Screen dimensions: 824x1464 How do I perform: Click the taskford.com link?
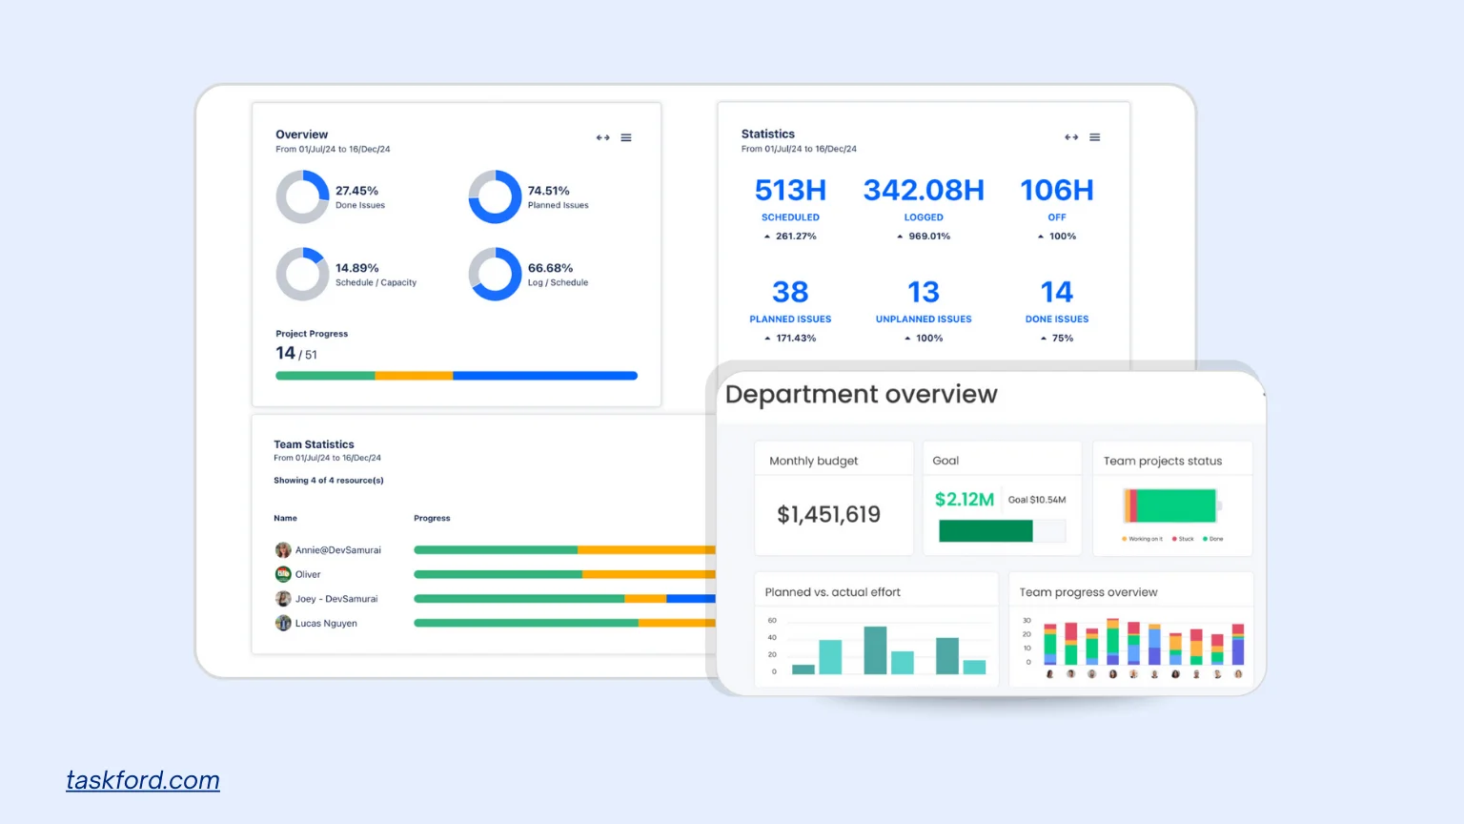tap(143, 780)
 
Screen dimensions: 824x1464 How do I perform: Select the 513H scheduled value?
tap(790, 191)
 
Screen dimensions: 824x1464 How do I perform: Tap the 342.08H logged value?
tap(924, 191)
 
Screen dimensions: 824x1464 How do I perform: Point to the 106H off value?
tap(1057, 191)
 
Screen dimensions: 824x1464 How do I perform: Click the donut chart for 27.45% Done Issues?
tap(302, 197)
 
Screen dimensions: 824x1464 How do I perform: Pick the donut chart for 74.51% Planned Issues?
tap(495, 197)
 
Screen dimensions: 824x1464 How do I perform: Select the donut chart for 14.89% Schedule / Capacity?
tap(302, 275)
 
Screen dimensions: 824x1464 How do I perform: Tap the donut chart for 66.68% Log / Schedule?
tap(495, 275)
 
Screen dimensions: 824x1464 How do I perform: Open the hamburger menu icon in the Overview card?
tap(626, 138)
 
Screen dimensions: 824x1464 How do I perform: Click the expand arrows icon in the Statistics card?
tap(1071, 137)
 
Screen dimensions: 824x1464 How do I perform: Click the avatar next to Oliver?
tap(283, 574)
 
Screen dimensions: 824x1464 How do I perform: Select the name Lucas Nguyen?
tap(326, 624)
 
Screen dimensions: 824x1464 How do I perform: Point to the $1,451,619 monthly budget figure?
tap(828, 515)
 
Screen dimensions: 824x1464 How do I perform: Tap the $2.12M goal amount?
tap(964, 500)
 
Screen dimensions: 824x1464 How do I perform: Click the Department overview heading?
tap(861, 395)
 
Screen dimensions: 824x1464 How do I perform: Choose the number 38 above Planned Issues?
tap(790, 292)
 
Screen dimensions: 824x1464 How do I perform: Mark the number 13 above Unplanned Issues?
tap(924, 292)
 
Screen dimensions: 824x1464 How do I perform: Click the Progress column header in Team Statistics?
tap(432, 519)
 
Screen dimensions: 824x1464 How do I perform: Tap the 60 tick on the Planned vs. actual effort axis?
tap(772, 621)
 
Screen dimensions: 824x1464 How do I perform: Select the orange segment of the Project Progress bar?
tap(414, 376)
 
